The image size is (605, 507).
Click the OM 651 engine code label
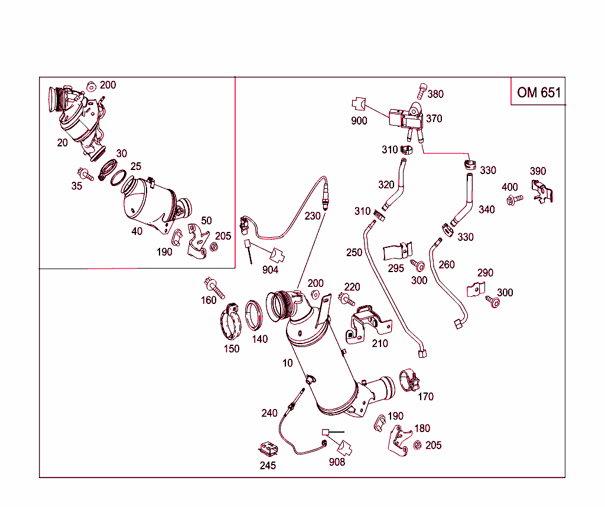coord(538,93)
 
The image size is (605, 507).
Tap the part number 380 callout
coord(435,94)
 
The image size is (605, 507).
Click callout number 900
coord(359,121)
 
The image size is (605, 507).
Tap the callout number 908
coord(337,462)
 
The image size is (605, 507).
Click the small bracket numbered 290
coord(476,289)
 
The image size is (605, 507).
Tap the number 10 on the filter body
coord(288,363)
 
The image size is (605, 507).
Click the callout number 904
coord(271,270)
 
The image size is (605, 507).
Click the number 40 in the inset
coord(137,231)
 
